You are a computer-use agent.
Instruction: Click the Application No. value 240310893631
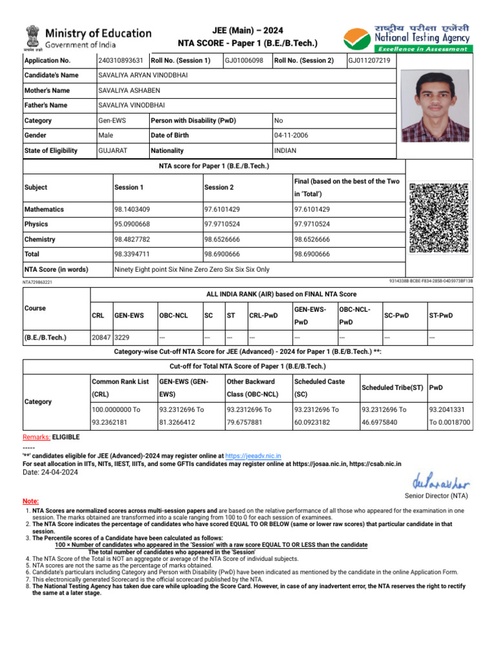tap(121, 61)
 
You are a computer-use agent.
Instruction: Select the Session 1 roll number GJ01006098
tap(243, 61)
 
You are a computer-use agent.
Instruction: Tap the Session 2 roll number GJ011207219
tap(369, 61)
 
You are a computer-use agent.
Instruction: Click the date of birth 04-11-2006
tap(289, 136)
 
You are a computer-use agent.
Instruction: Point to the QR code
tap(439, 218)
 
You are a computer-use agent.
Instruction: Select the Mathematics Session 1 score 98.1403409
tap(132, 210)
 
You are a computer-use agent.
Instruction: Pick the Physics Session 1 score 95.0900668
tap(132, 225)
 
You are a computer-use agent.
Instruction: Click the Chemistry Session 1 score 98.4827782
tap(132, 239)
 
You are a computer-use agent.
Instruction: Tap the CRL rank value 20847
tap(101, 338)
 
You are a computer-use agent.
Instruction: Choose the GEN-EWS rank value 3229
tap(123, 338)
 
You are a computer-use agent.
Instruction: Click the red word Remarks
tap(36, 437)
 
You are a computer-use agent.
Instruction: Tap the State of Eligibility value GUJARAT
tap(112, 150)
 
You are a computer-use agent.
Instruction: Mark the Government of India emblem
tap(33, 37)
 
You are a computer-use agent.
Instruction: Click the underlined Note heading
tap(30, 501)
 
